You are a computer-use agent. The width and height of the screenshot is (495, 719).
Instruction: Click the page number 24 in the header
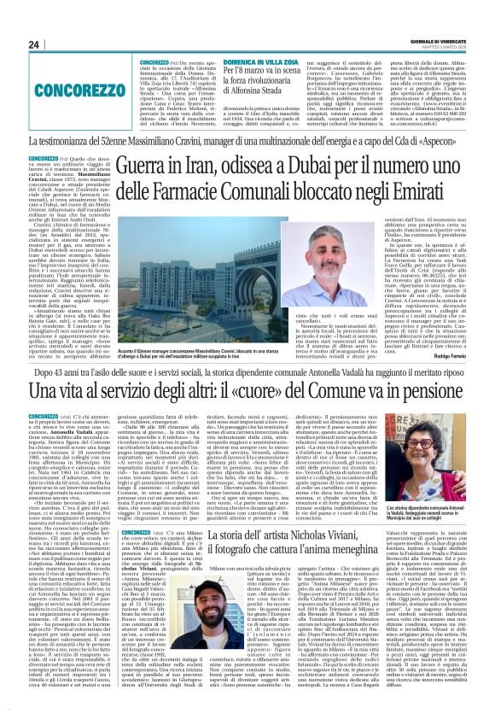pos(34,44)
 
